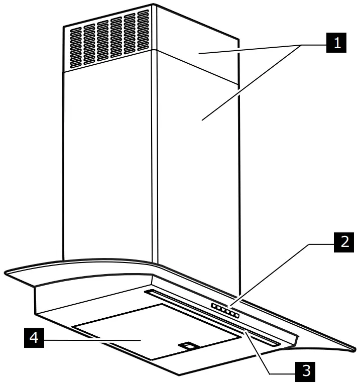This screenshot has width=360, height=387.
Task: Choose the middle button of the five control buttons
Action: tap(224, 311)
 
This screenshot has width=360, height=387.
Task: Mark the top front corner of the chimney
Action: tap(153, 7)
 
